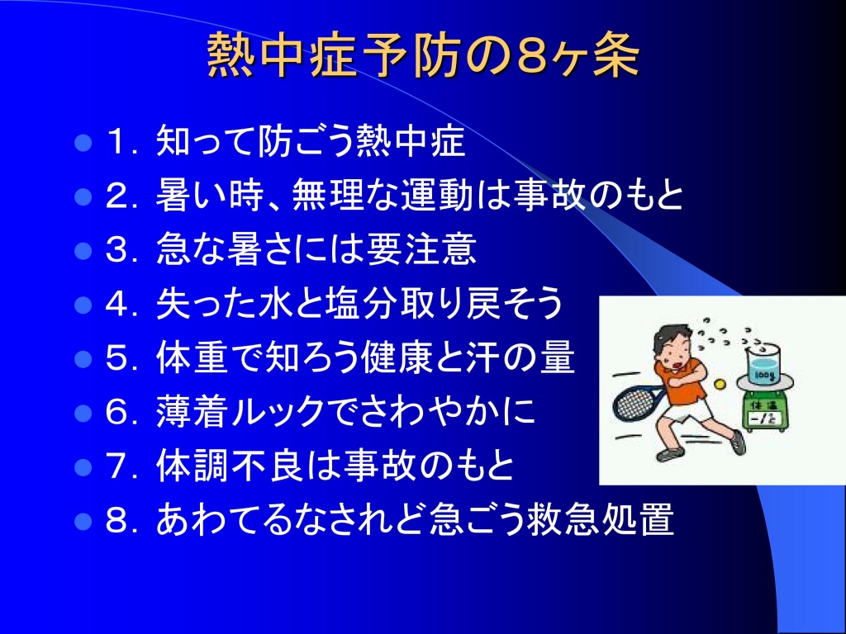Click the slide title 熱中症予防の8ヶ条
pos(423,55)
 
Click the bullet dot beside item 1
pos(83,144)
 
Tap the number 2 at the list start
pos(118,196)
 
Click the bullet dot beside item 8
pos(83,521)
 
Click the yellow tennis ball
pos(720,384)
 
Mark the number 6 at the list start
pos(118,413)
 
